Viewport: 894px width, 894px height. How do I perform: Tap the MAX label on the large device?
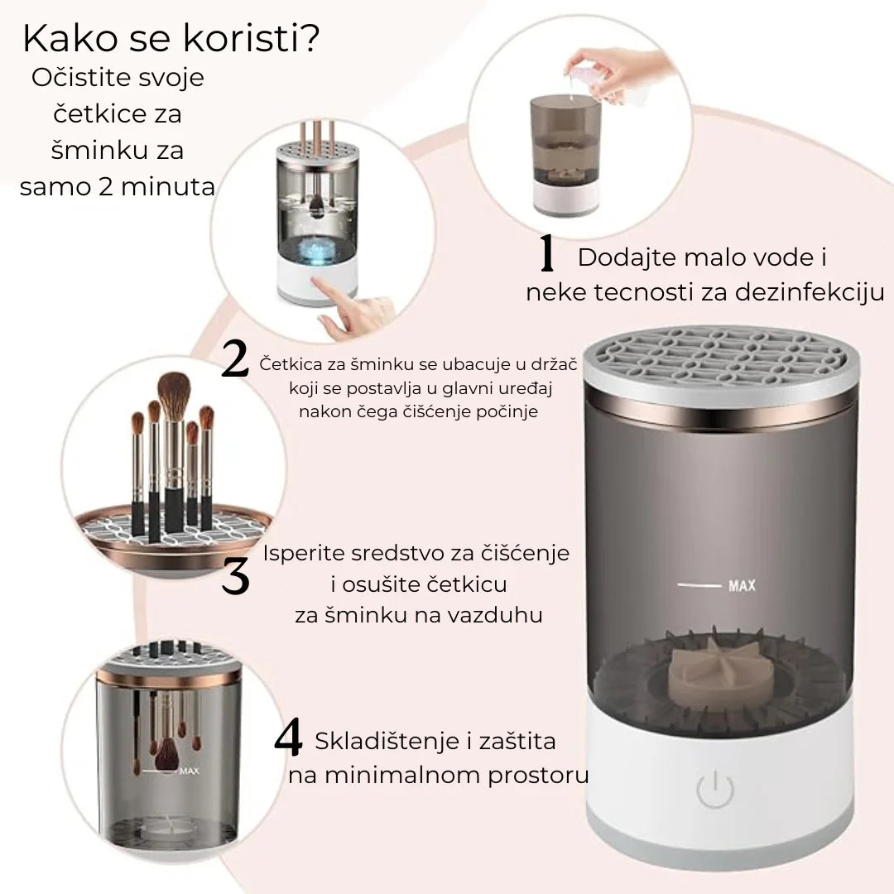coord(742,587)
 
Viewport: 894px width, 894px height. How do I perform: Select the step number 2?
coord(235,362)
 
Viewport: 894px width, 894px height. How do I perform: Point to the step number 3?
coord(236,576)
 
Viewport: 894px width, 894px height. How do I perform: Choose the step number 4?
coord(288,739)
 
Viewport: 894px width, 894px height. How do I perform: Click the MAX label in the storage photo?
coord(189,772)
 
